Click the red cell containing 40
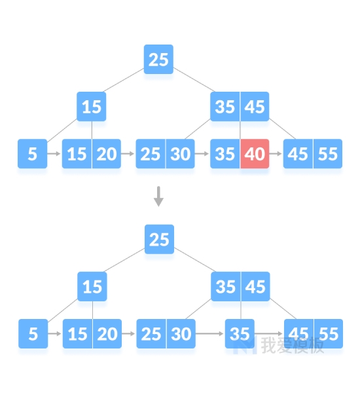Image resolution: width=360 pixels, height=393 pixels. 255,154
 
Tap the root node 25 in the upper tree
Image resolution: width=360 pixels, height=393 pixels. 158,60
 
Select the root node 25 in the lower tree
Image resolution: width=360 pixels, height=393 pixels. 159,239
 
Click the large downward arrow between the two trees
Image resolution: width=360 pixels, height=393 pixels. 158,196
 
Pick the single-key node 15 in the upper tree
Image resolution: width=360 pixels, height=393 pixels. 92,107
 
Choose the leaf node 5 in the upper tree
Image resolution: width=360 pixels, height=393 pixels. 32,154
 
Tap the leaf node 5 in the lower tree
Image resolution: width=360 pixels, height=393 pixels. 33,333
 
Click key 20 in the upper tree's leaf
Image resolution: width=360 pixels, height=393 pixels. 107,154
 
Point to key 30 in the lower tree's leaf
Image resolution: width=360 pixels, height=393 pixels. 181,333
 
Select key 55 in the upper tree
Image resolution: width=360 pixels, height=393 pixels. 328,154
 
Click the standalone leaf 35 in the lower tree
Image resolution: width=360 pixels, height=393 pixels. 240,333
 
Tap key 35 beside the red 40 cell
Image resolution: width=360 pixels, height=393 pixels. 225,154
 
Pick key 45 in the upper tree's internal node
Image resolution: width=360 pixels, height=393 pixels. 255,107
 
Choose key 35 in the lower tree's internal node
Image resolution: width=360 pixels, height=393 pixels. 226,286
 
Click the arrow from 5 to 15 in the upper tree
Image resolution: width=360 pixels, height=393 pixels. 54,153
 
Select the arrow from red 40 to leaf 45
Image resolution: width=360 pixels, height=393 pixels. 276,153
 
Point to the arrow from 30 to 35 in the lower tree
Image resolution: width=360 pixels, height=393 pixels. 209,333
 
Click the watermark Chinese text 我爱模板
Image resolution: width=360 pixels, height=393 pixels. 293,345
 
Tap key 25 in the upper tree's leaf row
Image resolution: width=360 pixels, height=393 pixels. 151,154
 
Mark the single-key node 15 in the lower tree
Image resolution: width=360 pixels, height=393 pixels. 92,286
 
